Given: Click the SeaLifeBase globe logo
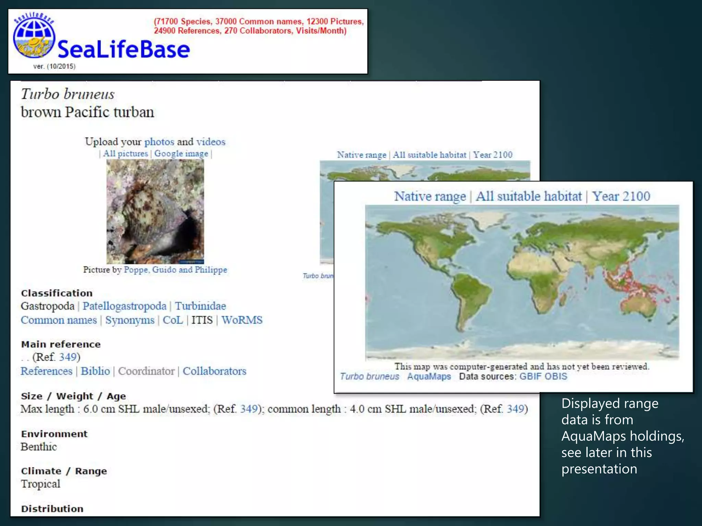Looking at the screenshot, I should [x=34, y=38].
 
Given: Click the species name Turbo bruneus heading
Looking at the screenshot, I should [x=68, y=94].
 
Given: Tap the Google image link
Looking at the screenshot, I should [x=181, y=154].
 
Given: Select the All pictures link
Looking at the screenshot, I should [x=125, y=154].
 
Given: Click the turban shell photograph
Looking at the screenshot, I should [x=155, y=211].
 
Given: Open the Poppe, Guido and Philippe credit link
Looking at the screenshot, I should [x=175, y=270].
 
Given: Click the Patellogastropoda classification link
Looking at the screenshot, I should [x=124, y=306].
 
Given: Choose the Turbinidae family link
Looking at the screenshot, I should [x=201, y=306].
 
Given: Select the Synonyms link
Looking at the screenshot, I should [x=130, y=320].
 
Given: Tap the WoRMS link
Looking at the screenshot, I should [x=242, y=320].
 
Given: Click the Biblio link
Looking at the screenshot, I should [x=95, y=371].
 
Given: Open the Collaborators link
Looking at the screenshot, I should [x=214, y=371].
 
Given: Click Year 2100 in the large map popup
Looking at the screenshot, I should [x=621, y=196].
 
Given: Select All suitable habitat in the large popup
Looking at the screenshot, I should [x=529, y=196].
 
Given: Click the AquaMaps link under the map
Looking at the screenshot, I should [x=429, y=376].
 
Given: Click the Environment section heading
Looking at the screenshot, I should [x=54, y=434].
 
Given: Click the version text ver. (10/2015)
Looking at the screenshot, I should [x=54, y=66].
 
